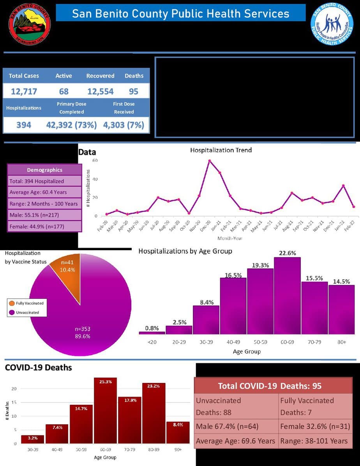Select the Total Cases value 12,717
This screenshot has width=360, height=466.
click(x=24, y=92)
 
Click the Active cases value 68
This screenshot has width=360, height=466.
click(x=64, y=92)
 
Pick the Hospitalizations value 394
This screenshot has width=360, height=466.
click(x=24, y=125)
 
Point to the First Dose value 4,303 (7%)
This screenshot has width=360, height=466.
click(x=124, y=125)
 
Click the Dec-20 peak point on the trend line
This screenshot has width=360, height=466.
click(x=210, y=161)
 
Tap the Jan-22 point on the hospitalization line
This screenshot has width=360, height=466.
click(x=343, y=185)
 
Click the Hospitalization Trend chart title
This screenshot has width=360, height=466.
click(x=221, y=150)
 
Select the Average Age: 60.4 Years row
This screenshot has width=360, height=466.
click(x=44, y=192)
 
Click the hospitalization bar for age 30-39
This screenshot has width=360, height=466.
click(x=206, y=319)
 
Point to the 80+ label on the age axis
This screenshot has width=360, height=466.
click(x=341, y=342)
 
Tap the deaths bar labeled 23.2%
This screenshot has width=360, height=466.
click(x=154, y=413)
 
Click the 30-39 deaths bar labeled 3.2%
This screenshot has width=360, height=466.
click(x=33, y=439)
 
